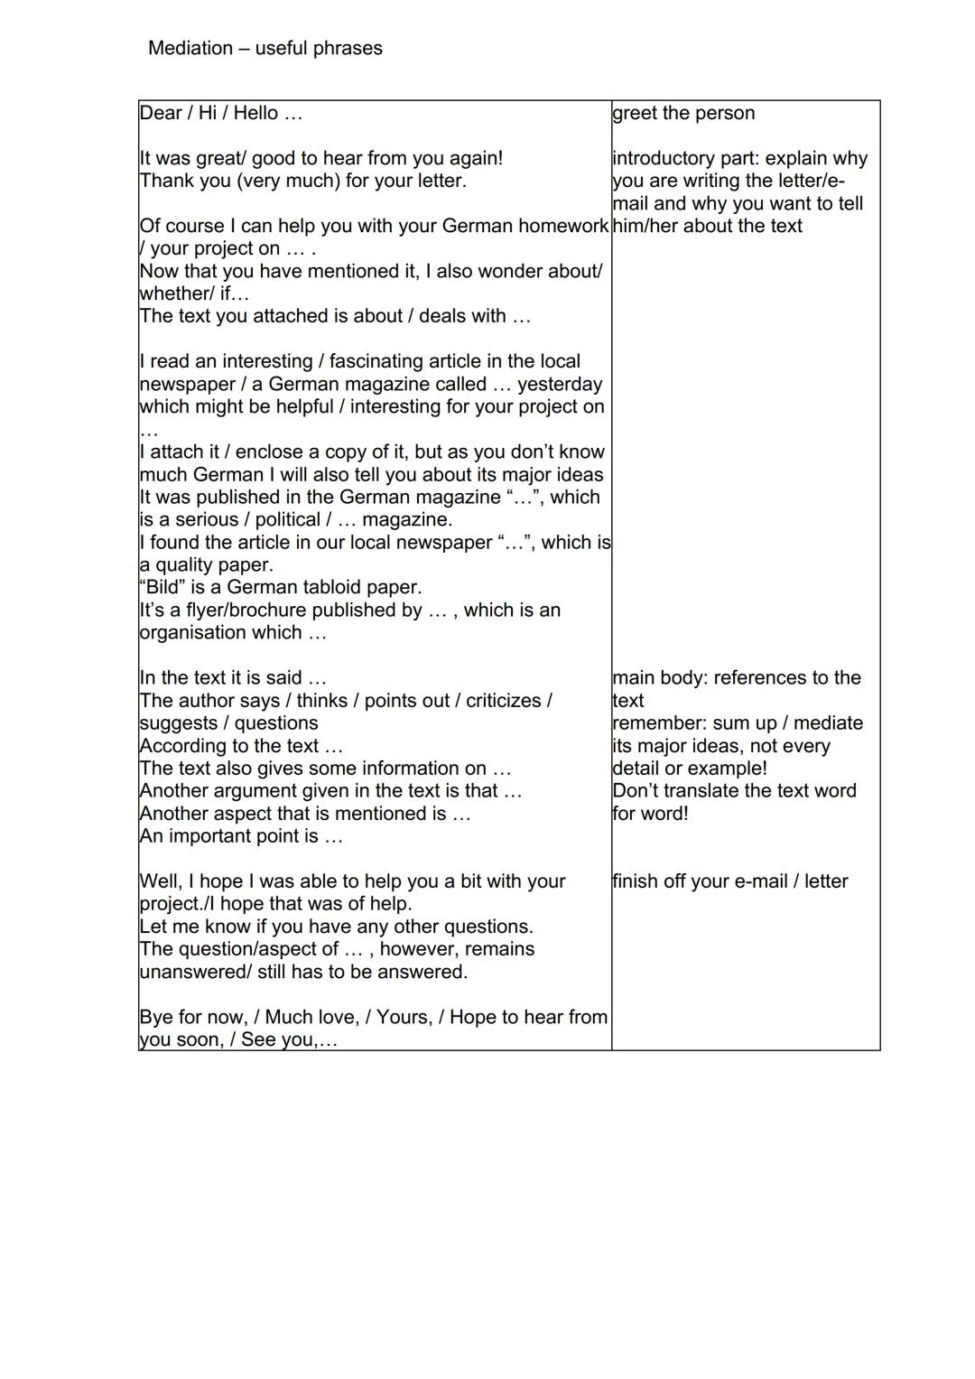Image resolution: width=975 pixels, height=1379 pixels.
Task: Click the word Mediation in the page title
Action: tap(190, 49)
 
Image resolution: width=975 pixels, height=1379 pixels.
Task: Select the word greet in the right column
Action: tap(634, 114)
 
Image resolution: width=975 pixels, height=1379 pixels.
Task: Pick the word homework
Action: tap(564, 226)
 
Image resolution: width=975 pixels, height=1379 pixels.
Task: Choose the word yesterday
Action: tap(559, 384)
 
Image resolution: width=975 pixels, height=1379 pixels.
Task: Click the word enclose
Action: tap(263, 452)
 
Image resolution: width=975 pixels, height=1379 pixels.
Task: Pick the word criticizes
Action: tap(505, 701)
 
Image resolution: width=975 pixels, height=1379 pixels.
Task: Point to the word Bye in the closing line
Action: tap(157, 1017)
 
